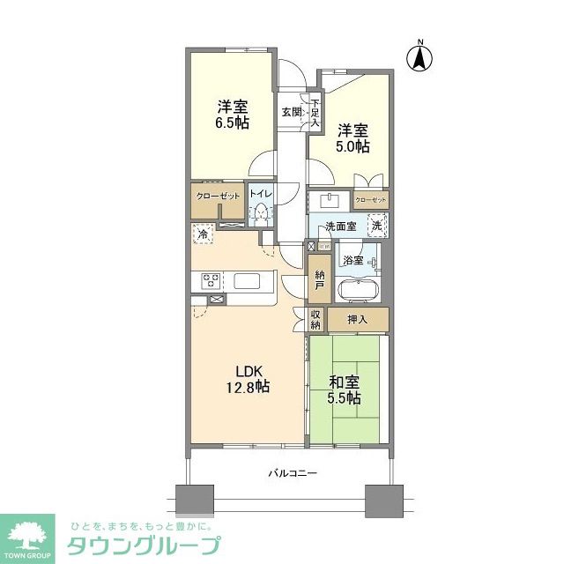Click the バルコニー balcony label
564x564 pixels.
(293, 473)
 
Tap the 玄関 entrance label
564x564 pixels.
(291, 111)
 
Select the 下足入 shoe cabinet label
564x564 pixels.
(313, 113)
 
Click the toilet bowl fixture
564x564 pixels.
(261, 212)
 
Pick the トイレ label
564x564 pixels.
(260, 194)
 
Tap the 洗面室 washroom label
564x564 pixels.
(339, 226)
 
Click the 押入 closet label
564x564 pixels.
(357, 319)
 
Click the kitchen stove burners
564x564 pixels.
(211, 282)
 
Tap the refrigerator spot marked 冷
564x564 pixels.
(203, 234)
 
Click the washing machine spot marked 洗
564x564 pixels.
(376, 225)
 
